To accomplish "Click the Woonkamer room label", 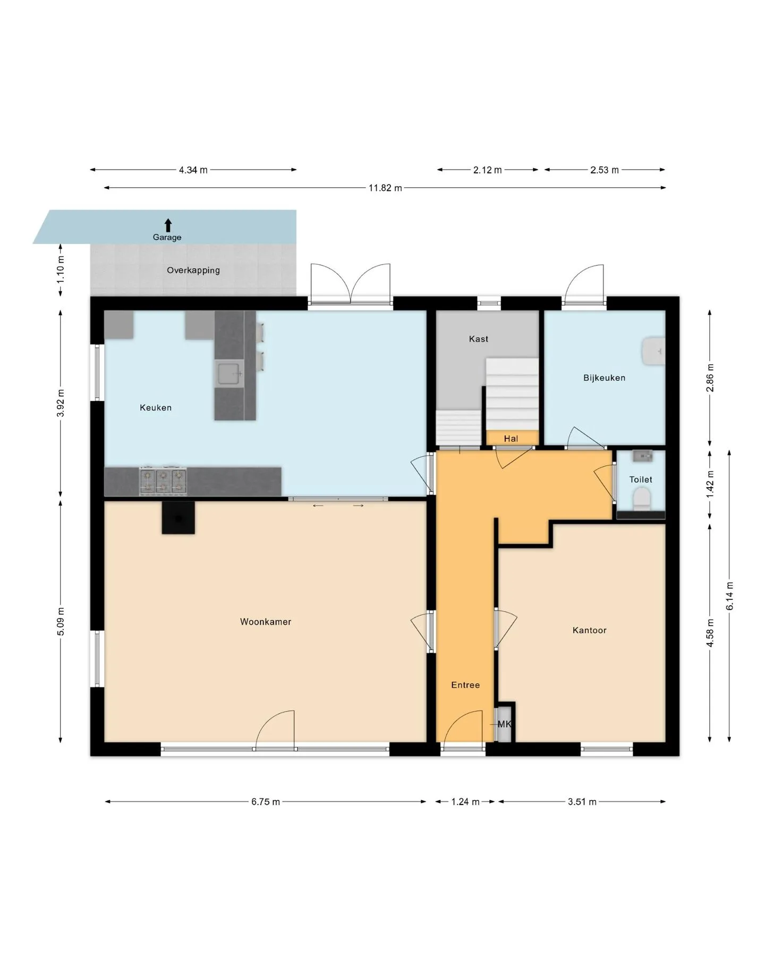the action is pos(266,622).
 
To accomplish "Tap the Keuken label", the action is pos(156,408).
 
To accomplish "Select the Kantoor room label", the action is pos(590,630).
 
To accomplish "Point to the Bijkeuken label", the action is pos(605,378).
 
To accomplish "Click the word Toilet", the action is pos(641,480).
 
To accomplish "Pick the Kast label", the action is pos(479,339).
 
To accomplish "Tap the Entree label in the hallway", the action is pos(465,685).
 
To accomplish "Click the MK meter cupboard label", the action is pos(504,724).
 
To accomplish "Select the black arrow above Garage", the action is pos(168,225).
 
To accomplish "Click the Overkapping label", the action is pos(193,270).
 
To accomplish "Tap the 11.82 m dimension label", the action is pos(385,188).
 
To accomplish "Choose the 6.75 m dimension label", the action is pos(266,801).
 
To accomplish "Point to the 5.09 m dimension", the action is pos(61,621).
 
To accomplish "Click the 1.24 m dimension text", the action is pos(465,801).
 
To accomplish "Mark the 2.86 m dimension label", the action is pos(710,378).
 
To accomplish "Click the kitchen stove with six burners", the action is pos(163,481).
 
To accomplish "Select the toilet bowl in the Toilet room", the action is pos(642,499).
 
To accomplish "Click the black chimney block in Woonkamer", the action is pos(178,517).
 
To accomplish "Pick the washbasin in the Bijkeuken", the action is pos(653,351).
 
